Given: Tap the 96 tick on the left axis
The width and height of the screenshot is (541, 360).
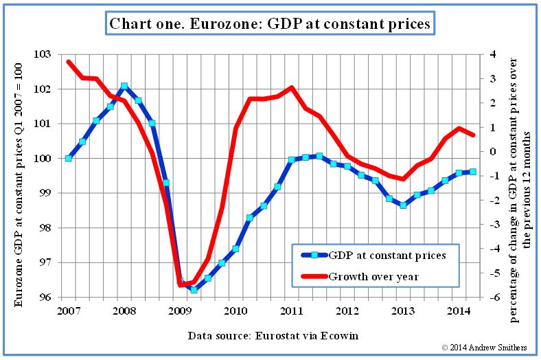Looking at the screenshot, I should (x=55, y=297).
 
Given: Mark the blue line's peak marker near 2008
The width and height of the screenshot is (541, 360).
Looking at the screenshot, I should (x=124, y=87).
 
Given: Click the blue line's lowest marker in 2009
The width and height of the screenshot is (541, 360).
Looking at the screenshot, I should (x=194, y=290).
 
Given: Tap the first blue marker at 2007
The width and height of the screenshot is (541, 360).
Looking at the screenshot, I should (x=69, y=158).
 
